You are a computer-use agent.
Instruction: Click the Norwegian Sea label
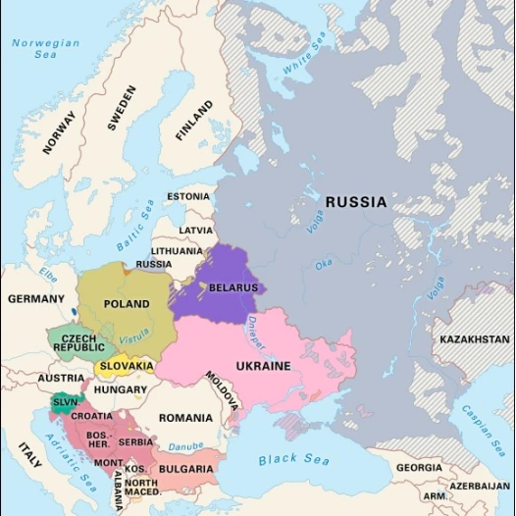point(46,48)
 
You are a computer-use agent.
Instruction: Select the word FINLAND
point(193,122)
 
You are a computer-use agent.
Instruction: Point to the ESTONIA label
point(187,196)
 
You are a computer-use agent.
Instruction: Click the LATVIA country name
point(195,231)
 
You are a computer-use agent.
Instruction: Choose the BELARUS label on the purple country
point(232,288)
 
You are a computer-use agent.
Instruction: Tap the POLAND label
point(127,304)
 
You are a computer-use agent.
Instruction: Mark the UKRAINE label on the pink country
point(263,366)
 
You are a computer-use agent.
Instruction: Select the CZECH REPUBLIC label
point(78,341)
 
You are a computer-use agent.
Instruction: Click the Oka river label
point(323,263)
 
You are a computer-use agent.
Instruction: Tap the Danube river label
point(185,447)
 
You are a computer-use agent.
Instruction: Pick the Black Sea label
point(293,459)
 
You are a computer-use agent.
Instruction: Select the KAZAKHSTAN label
point(475,339)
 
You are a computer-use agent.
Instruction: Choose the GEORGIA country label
point(419,468)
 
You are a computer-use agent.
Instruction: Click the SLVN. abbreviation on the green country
point(66,402)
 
